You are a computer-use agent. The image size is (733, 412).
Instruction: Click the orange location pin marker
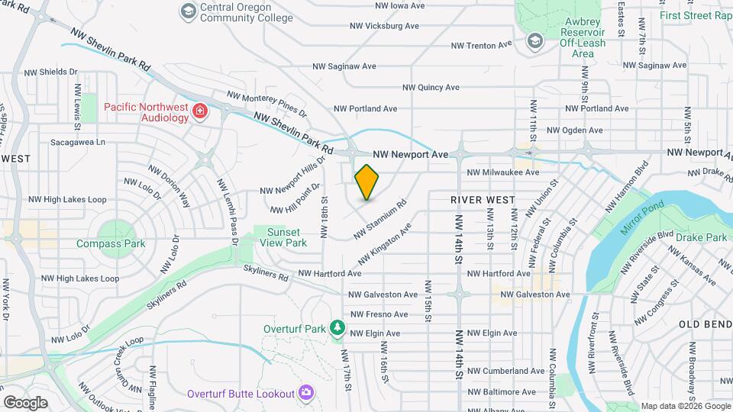point(367,182)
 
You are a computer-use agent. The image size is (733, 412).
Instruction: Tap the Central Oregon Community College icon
point(186,11)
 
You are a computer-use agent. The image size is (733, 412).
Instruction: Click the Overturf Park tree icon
point(337,328)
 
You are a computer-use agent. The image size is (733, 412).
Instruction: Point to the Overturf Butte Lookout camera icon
point(305,393)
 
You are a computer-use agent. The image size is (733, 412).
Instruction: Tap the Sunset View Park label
point(286,237)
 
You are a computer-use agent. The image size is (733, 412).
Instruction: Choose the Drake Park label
point(701,238)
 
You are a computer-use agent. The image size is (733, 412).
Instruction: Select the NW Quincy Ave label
point(431,88)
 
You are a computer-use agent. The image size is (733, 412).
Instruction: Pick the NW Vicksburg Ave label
point(384,26)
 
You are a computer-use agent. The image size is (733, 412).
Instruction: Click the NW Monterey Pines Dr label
point(266,105)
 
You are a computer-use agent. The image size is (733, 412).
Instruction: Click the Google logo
point(25,403)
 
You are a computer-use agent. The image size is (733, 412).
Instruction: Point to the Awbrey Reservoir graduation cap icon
point(535,40)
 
